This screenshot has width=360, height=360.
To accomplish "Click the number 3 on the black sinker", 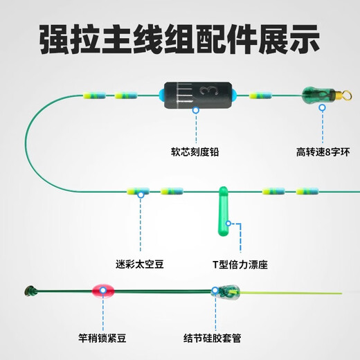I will coord(204,91).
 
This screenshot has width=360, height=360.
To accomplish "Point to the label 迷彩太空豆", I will coord(140,264).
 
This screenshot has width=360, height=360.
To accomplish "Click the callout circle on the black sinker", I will coord(195,109).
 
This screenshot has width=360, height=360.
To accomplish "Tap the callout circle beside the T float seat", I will coord(231,224).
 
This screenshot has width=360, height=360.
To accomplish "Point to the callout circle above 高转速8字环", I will coord(321,108).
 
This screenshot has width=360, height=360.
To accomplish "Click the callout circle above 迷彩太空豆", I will coord(141,195).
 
